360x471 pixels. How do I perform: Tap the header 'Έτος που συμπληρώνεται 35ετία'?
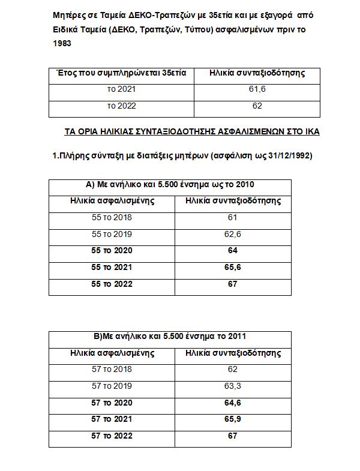click(120, 73)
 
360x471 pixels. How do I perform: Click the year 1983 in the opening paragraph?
click(62, 44)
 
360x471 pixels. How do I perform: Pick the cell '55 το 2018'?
click(112, 217)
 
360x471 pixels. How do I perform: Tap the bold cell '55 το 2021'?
click(112, 267)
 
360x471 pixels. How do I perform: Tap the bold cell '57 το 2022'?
click(112, 436)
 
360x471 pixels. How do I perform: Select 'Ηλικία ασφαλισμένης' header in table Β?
click(112, 353)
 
